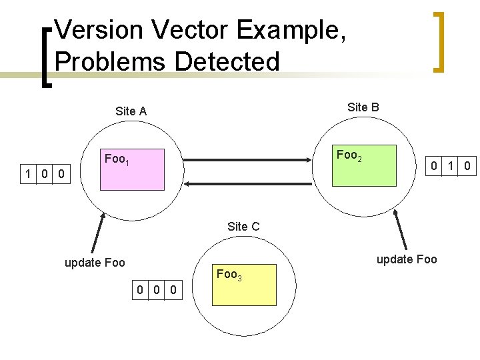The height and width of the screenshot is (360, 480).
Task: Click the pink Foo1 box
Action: click(x=131, y=169)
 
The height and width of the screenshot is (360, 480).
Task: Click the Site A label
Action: click(x=131, y=111)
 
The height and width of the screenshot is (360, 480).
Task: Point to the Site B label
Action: click(x=363, y=107)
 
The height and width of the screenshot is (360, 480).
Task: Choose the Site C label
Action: click(x=243, y=227)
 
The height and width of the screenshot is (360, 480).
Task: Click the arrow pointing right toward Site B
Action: click(x=249, y=160)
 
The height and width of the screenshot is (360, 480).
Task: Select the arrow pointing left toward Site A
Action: click(x=249, y=182)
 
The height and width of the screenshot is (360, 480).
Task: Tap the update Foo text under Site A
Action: click(x=95, y=262)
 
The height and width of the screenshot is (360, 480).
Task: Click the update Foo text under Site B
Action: click(x=407, y=259)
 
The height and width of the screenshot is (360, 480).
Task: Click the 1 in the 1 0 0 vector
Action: click(x=27, y=175)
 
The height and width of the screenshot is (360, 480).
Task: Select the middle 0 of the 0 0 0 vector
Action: click(x=156, y=289)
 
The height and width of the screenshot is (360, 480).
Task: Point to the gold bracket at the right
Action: click(x=438, y=41)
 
